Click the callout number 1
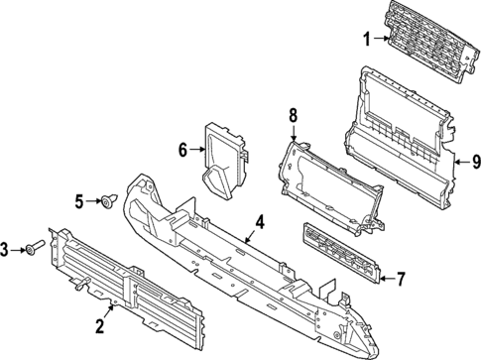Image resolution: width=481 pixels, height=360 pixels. (x=365, y=41)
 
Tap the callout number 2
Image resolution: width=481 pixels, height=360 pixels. (x=99, y=323)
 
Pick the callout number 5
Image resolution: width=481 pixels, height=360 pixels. (x=80, y=202)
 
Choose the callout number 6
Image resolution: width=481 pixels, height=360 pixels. (x=182, y=151)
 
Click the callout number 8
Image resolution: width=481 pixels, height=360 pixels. (x=293, y=117)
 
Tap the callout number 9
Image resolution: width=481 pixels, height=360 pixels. (x=474, y=160)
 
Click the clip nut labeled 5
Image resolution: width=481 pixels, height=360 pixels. (x=107, y=203)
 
